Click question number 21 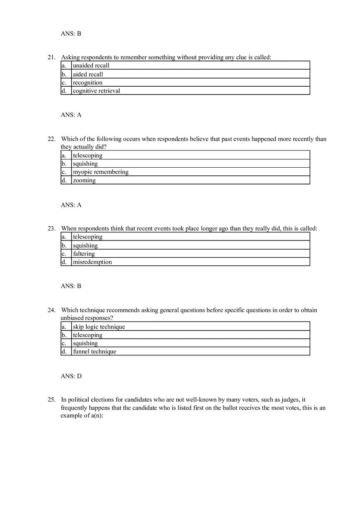(51, 57)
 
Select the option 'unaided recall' (91, 65)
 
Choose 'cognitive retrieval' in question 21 (96, 91)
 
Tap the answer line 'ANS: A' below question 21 (71, 115)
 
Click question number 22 (51, 139)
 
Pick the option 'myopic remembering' (100, 172)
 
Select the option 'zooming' (84, 180)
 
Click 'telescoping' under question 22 (88, 155)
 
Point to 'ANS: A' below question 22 (71, 205)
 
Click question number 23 (51, 229)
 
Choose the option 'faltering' (83, 254)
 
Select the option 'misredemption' (92, 262)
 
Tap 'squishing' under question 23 (85, 245)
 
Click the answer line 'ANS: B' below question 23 (71, 286)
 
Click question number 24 (51, 310)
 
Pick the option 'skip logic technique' (99, 327)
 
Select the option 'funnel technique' (94, 351)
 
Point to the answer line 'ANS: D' (71, 376)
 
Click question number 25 (51, 400)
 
